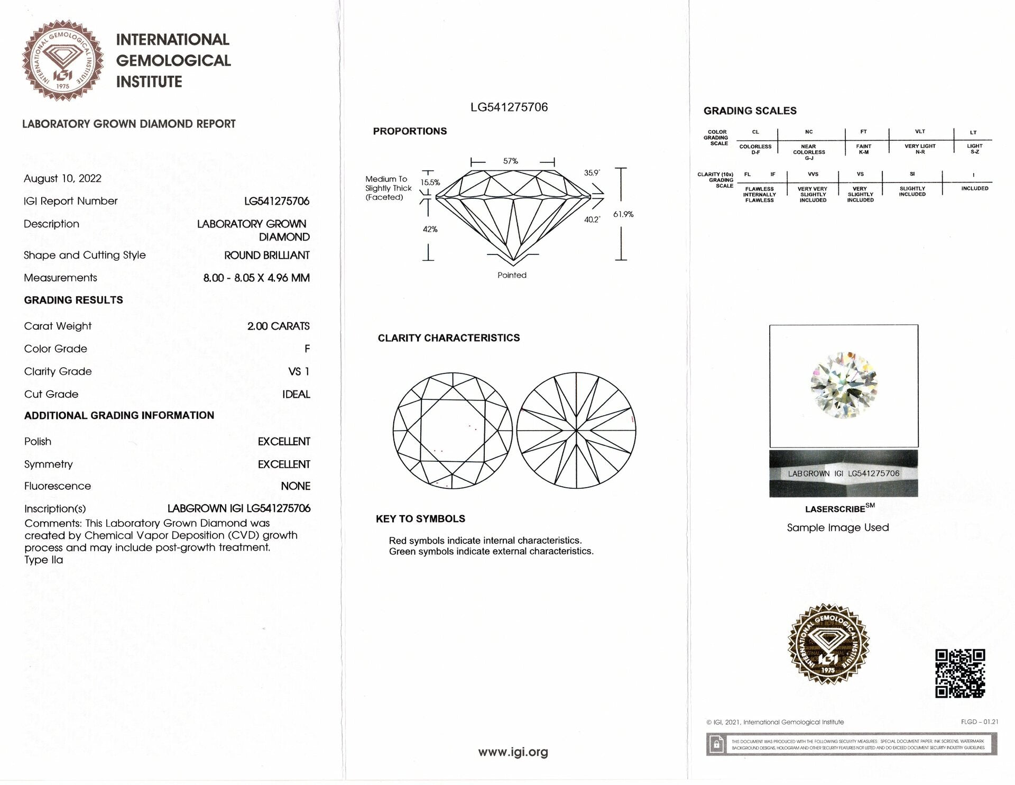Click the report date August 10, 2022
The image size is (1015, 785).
[x=62, y=178]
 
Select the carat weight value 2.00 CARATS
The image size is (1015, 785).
[x=278, y=326]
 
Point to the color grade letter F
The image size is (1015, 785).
[x=307, y=349]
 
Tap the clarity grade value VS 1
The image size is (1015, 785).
[x=299, y=371]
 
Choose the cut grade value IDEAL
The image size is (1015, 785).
[x=296, y=394]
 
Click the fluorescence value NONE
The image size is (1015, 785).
[x=296, y=486]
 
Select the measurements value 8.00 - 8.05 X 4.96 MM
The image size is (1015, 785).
[x=256, y=278]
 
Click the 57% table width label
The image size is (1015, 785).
[x=511, y=161]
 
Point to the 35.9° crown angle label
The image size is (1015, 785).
[x=592, y=173]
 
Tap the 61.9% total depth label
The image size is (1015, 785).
[x=623, y=214]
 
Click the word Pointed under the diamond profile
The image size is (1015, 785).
[x=512, y=275]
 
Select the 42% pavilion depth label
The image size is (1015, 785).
[x=430, y=229]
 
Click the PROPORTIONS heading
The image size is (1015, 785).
[x=410, y=131]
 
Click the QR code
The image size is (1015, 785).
[x=960, y=673]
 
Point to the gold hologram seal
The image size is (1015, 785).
[x=828, y=644]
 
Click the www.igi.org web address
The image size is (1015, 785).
[x=513, y=752]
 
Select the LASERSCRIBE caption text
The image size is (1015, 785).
[x=835, y=509]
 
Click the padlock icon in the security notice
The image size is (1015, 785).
[x=717, y=744]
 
